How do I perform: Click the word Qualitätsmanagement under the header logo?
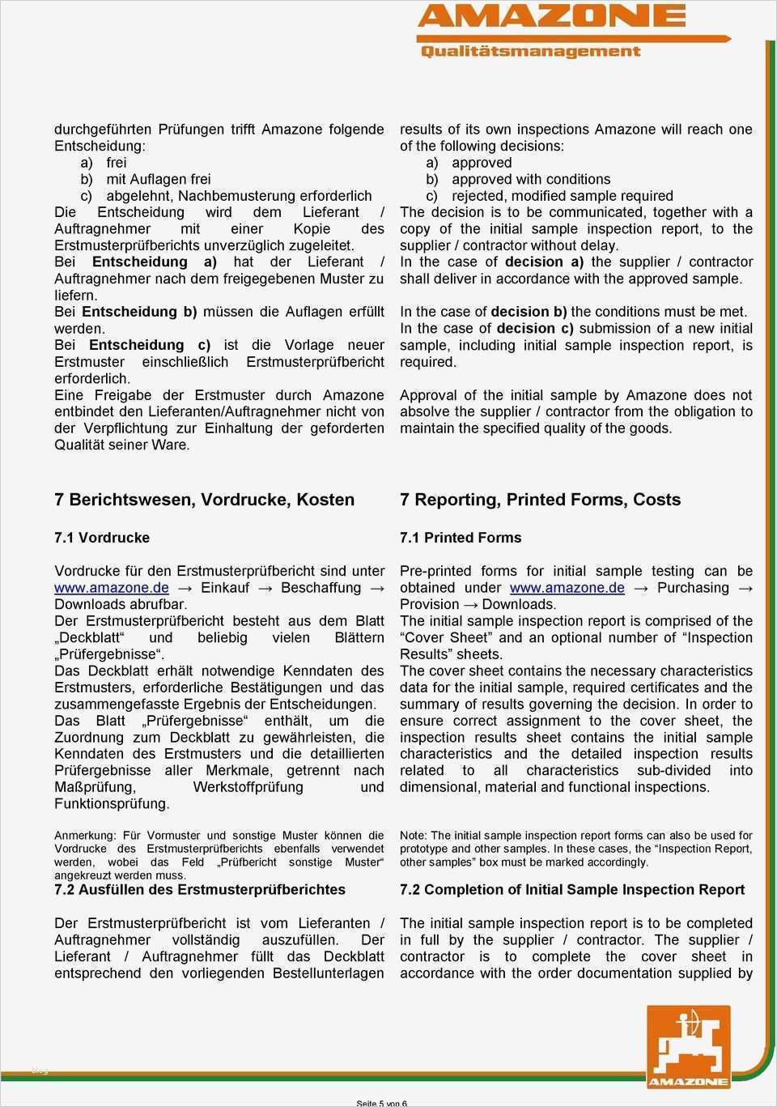[x=530, y=51]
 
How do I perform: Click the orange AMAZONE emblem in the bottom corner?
[x=687, y=1045]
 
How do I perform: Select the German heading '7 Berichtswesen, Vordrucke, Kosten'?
[x=204, y=500]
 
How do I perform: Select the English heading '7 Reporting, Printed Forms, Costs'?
[x=540, y=500]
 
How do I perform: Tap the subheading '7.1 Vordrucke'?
[x=102, y=538]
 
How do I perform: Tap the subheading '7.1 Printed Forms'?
[x=461, y=538]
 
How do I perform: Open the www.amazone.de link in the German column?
[x=112, y=588]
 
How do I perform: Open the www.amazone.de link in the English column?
[x=567, y=588]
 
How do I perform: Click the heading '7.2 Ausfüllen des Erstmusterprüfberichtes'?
[x=200, y=889]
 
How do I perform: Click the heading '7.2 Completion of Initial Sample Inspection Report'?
[x=572, y=889]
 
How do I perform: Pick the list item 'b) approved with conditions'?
[x=518, y=179]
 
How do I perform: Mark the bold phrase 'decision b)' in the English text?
[x=529, y=312]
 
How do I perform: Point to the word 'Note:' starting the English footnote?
[x=414, y=836]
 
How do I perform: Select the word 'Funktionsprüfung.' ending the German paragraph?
[x=112, y=803]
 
